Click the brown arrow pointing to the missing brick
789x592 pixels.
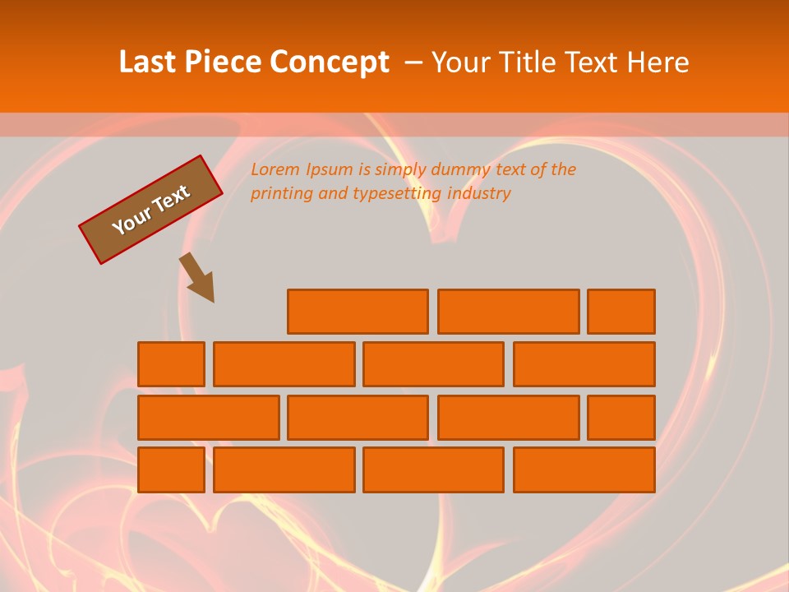(x=199, y=278)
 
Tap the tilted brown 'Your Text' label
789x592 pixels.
(x=151, y=210)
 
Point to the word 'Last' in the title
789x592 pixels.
(x=148, y=62)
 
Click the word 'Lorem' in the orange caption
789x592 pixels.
(x=275, y=169)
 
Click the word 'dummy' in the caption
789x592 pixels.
(x=460, y=169)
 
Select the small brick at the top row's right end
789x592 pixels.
(x=621, y=312)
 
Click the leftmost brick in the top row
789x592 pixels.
(x=358, y=312)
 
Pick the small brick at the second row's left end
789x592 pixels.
(x=171, y=364)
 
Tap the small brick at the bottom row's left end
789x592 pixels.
(x=171, y=469)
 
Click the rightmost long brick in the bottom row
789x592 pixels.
(x=584, y=469)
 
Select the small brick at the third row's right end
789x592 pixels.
(x=621, y=417)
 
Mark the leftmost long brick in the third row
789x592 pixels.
(x=208, y=417)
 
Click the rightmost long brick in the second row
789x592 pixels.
(x=584, y=364)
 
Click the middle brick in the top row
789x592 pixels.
(x=508, y=312)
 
